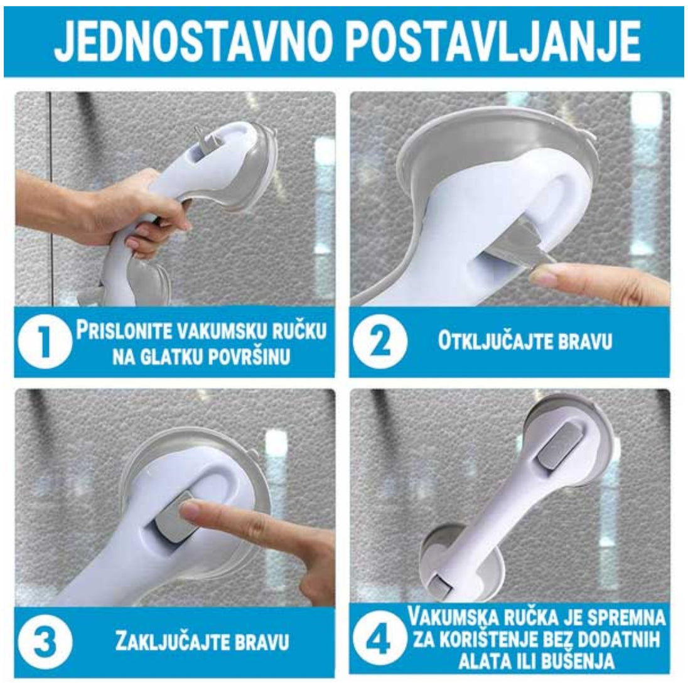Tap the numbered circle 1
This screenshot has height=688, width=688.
coord(45,341)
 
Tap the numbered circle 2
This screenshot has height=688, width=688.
coord(380,341)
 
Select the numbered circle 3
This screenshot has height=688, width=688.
coord(45,642)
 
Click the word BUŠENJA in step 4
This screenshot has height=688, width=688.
coord(578,661)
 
